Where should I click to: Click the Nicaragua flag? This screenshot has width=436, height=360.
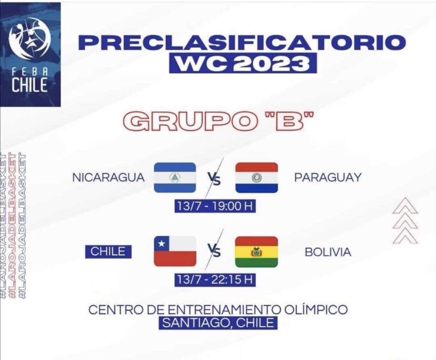coord(175,177)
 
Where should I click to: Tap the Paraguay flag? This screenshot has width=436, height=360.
coord(256,178)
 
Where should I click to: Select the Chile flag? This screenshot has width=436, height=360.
coord(175,251)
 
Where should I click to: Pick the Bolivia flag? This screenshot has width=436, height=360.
coord(256,252)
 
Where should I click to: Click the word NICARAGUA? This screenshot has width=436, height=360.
coord(108,177)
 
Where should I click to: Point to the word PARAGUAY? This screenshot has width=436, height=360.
coord(328,177)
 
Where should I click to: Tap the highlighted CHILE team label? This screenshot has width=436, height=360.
coord(108,252)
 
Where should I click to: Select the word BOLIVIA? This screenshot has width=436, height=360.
coord(328,252)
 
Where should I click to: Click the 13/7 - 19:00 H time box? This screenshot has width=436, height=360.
coord(215,206)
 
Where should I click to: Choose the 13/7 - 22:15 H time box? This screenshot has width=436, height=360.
coord(215,279)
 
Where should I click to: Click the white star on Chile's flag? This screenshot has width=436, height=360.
coord(161,244)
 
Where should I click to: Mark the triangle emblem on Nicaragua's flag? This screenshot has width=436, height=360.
coord(174,177)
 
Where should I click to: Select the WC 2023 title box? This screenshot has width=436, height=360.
coord(243,63)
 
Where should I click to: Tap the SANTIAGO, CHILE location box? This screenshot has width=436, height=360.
coord(219,323)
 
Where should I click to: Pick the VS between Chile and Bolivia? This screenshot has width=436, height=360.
coord(215,251)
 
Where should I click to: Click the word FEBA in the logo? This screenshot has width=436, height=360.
coord(30,72)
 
